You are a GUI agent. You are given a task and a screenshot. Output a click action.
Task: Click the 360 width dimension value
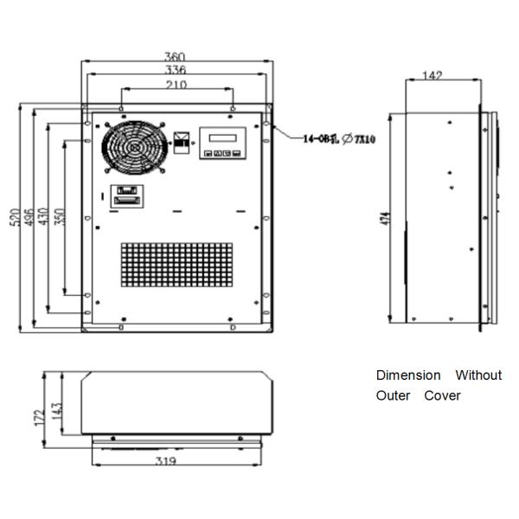(175, 57)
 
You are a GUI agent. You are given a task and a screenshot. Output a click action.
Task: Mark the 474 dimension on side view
(383, 220)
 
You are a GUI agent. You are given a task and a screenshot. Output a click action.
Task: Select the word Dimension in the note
(407, 375)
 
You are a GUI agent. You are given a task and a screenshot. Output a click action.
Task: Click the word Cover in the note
(442, 396)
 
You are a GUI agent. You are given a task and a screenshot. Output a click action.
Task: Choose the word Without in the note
(478, 375)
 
